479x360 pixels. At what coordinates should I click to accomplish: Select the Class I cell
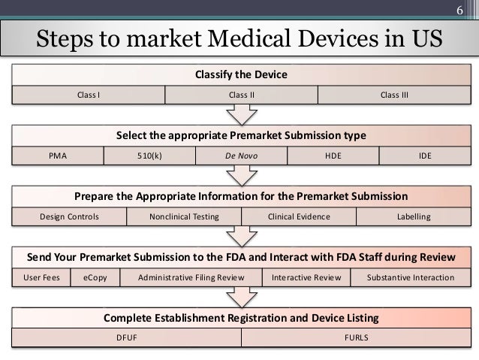point(89,95)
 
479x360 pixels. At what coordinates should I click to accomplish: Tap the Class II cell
point(241,95)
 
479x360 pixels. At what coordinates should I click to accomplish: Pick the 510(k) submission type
point(149,156)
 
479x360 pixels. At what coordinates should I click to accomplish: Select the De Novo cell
point(241,156)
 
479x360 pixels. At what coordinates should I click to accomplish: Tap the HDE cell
point(333,156)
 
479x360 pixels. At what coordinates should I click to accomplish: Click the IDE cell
point(425,156)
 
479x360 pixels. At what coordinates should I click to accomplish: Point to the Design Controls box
point(69,216)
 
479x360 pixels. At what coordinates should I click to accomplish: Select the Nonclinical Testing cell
point(184,216)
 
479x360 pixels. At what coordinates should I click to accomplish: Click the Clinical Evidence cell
point(299,216)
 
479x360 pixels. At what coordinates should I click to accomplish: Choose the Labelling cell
point(414,216)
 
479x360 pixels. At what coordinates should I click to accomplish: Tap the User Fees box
point(41,277)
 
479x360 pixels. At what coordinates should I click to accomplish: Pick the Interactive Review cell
point(306,277)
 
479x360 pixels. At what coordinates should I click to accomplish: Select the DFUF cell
point(126,338)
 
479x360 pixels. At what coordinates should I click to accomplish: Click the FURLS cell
point(356,338)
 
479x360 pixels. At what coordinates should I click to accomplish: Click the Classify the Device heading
point(241,75)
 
